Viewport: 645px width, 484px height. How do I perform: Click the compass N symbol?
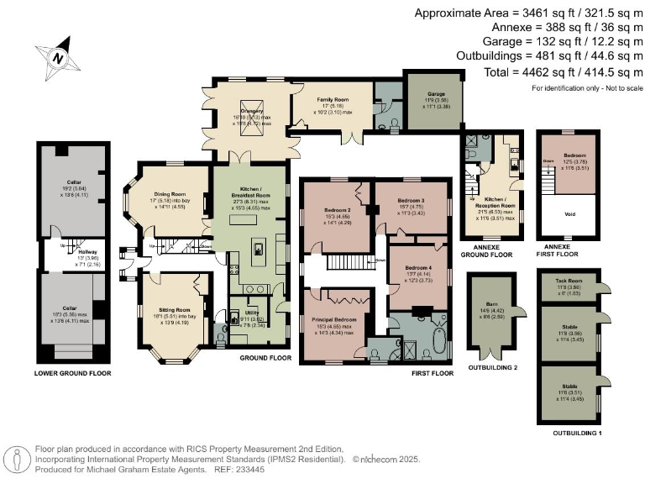[57, 58]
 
